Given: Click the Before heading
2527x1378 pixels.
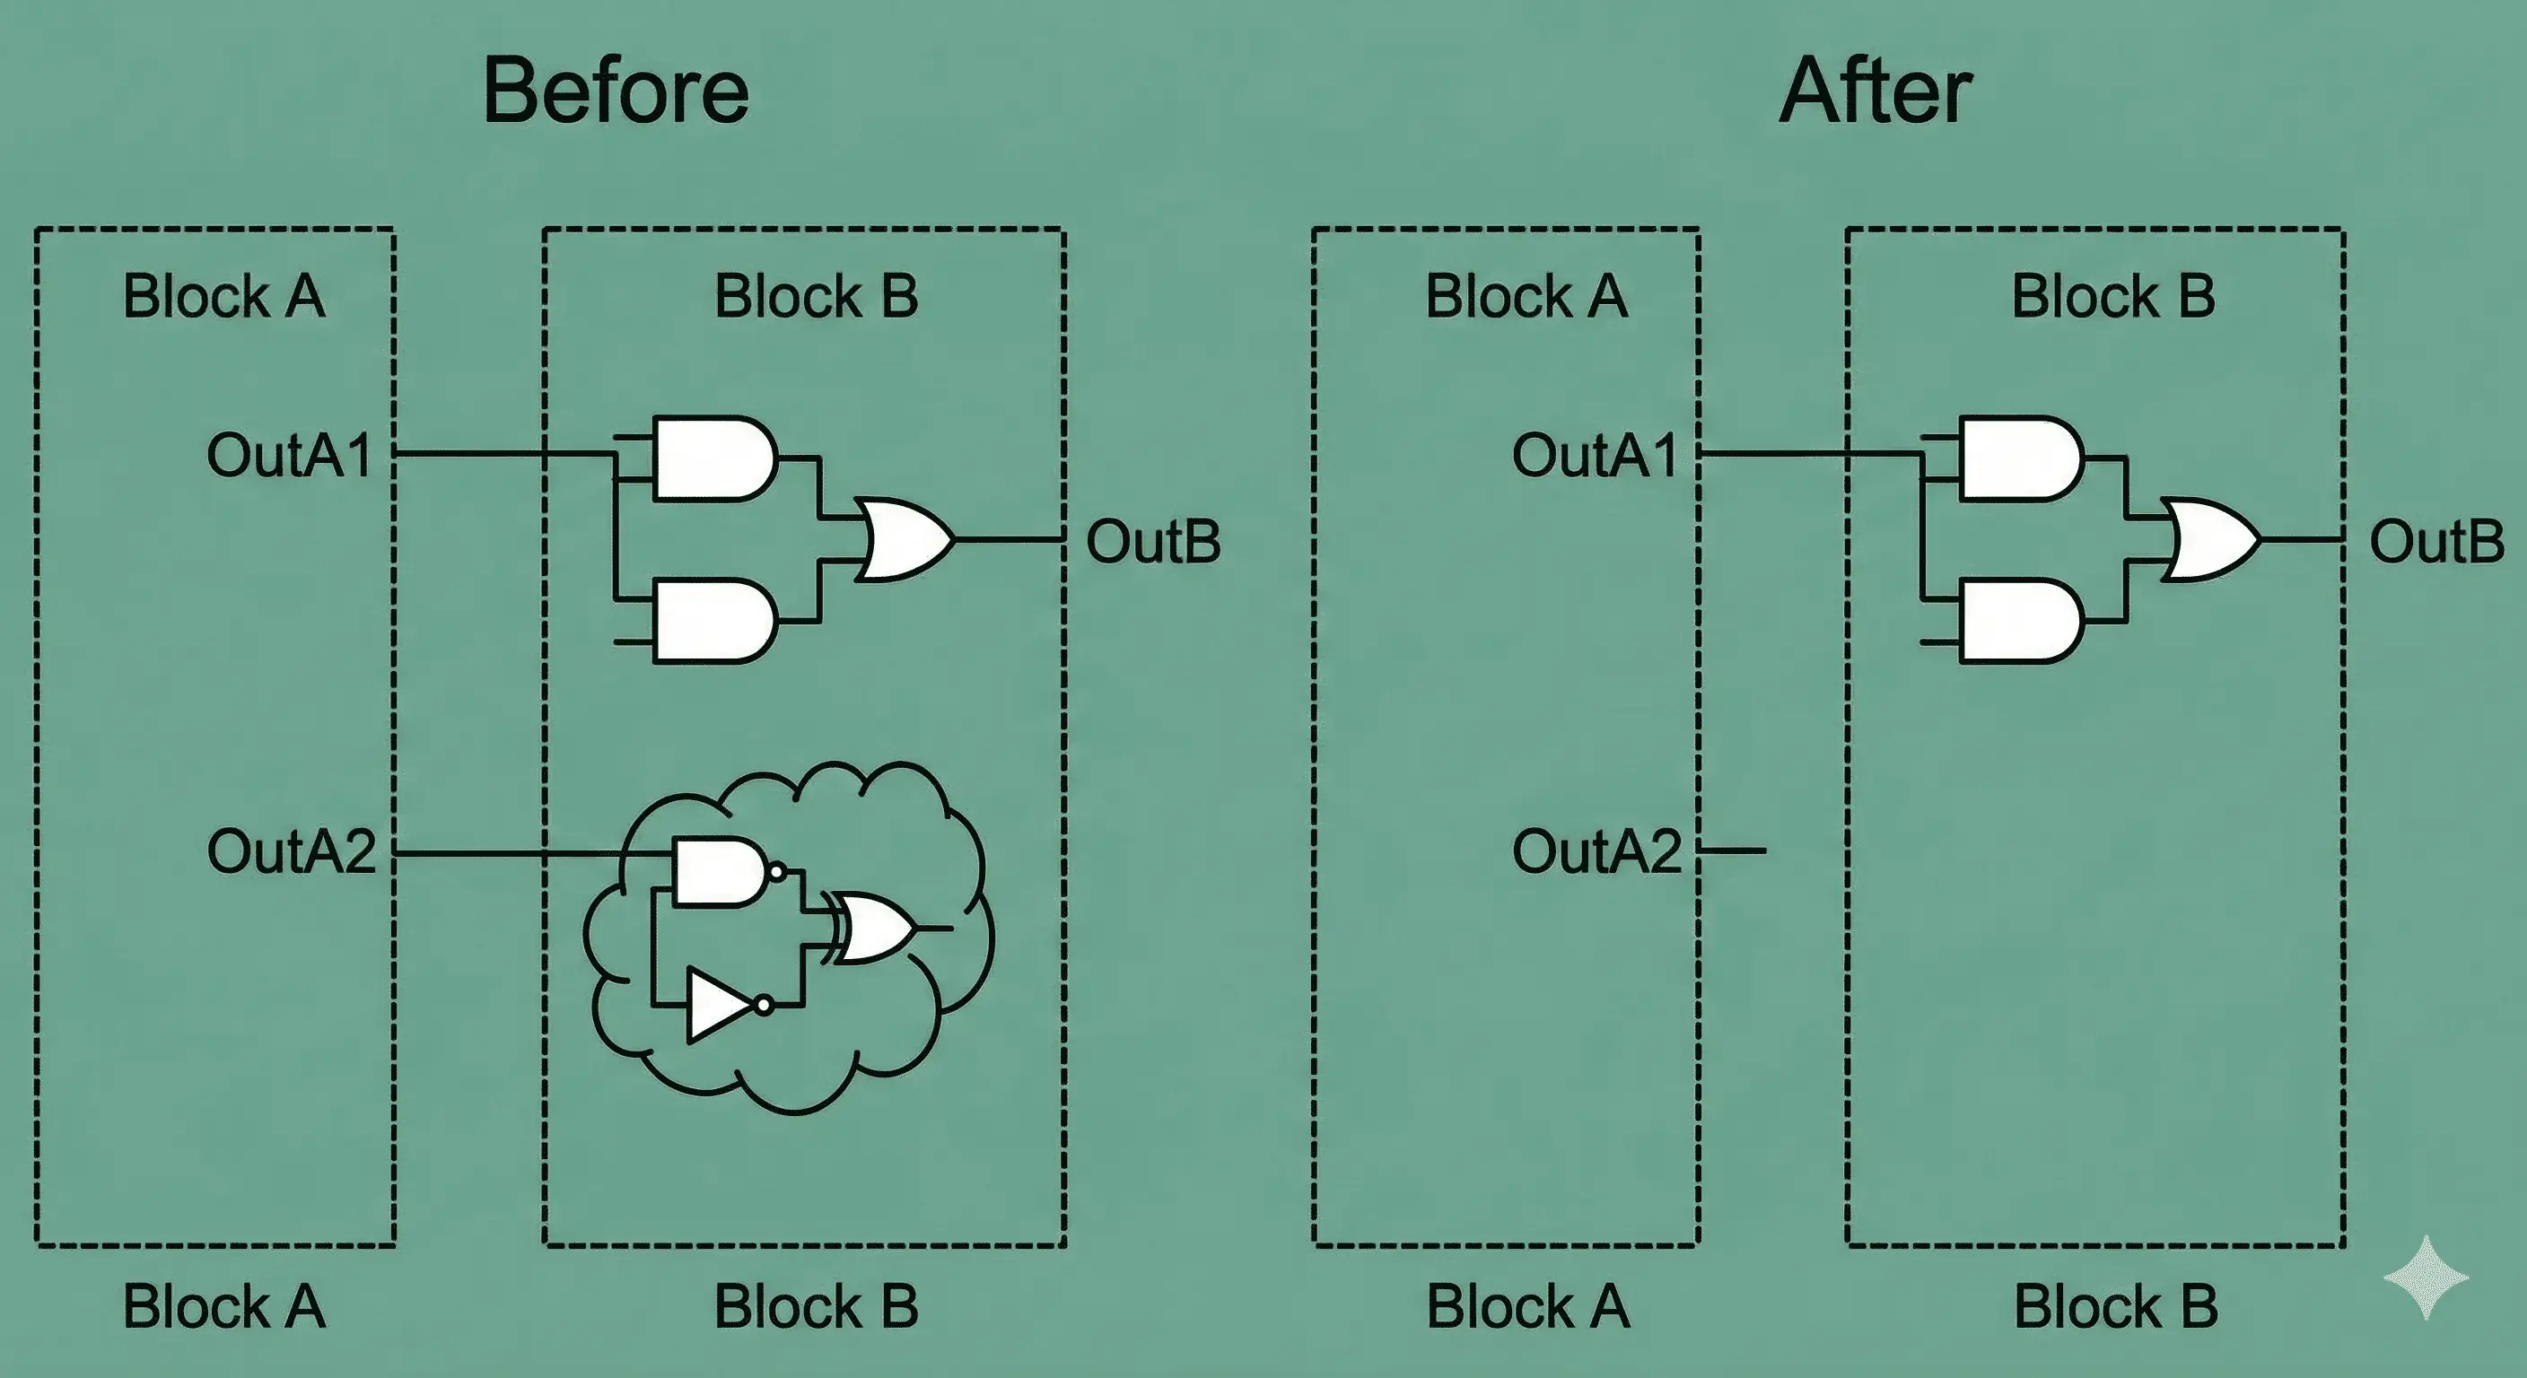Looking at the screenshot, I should pos(616,91).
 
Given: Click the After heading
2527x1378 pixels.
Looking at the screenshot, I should pos(1875,91).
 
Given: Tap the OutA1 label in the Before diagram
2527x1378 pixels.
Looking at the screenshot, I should pos(289,455).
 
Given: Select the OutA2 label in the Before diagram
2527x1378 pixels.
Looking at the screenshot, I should pos(292,850).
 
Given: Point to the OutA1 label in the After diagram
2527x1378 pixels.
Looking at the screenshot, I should pos(1595,455).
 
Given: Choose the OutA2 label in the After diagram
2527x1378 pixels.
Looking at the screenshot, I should pos(1597,850).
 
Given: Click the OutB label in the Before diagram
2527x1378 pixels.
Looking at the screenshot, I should pos(1152,541).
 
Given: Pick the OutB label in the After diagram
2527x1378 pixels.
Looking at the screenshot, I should pos(2436,541).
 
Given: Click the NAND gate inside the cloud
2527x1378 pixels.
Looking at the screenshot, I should pos(721,871).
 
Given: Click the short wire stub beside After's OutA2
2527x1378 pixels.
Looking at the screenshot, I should pos(1734,850).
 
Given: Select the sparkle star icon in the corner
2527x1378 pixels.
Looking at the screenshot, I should pos(2426,1277).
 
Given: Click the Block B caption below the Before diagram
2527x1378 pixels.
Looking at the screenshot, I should pos(817,1306).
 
